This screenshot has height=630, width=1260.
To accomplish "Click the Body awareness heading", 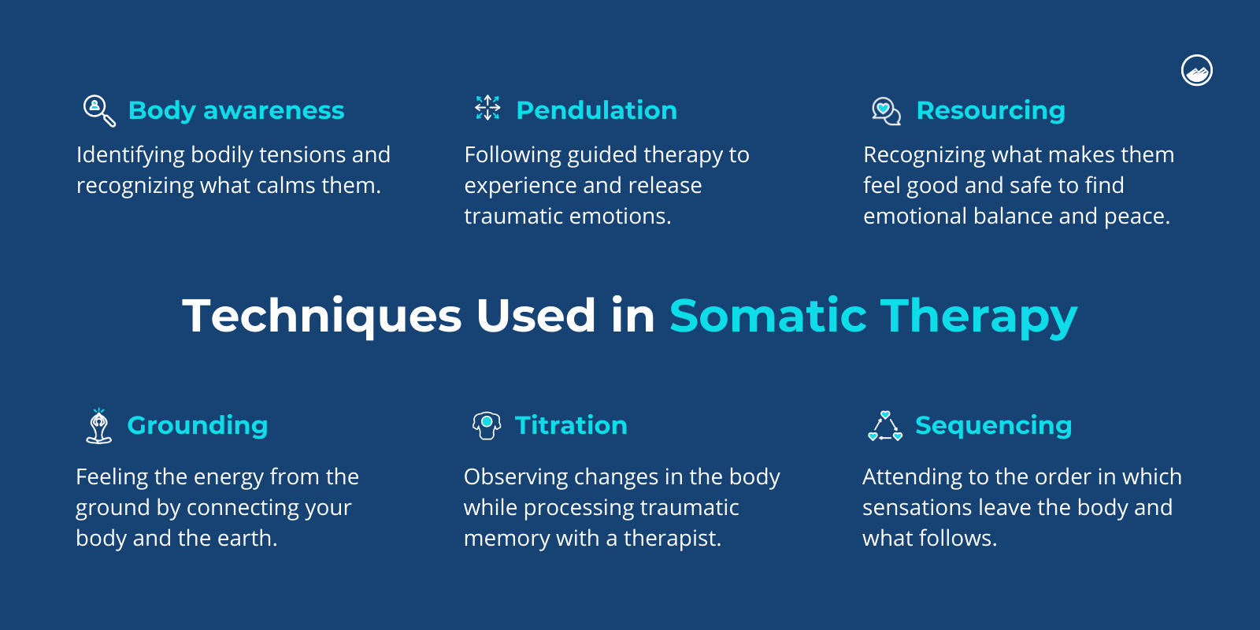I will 236,110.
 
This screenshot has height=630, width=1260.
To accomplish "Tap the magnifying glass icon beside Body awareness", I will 98,110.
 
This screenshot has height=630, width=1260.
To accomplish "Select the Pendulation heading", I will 596,110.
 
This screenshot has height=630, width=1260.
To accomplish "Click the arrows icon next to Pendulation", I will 487,108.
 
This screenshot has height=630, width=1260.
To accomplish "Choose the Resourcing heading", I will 991,110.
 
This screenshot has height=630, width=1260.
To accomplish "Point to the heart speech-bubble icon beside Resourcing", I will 886,111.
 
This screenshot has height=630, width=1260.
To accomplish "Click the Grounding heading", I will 198,425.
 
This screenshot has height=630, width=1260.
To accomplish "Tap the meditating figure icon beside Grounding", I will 98,426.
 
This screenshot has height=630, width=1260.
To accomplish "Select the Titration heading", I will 571,425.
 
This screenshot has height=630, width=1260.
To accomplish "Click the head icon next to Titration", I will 487,425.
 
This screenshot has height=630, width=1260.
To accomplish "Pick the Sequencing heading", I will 993,425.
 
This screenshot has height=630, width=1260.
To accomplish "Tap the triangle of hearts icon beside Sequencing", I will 885,426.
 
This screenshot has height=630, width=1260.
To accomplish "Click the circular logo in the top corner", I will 1197,71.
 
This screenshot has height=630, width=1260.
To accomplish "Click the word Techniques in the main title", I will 322,316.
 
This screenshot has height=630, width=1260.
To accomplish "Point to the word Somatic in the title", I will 768,316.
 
